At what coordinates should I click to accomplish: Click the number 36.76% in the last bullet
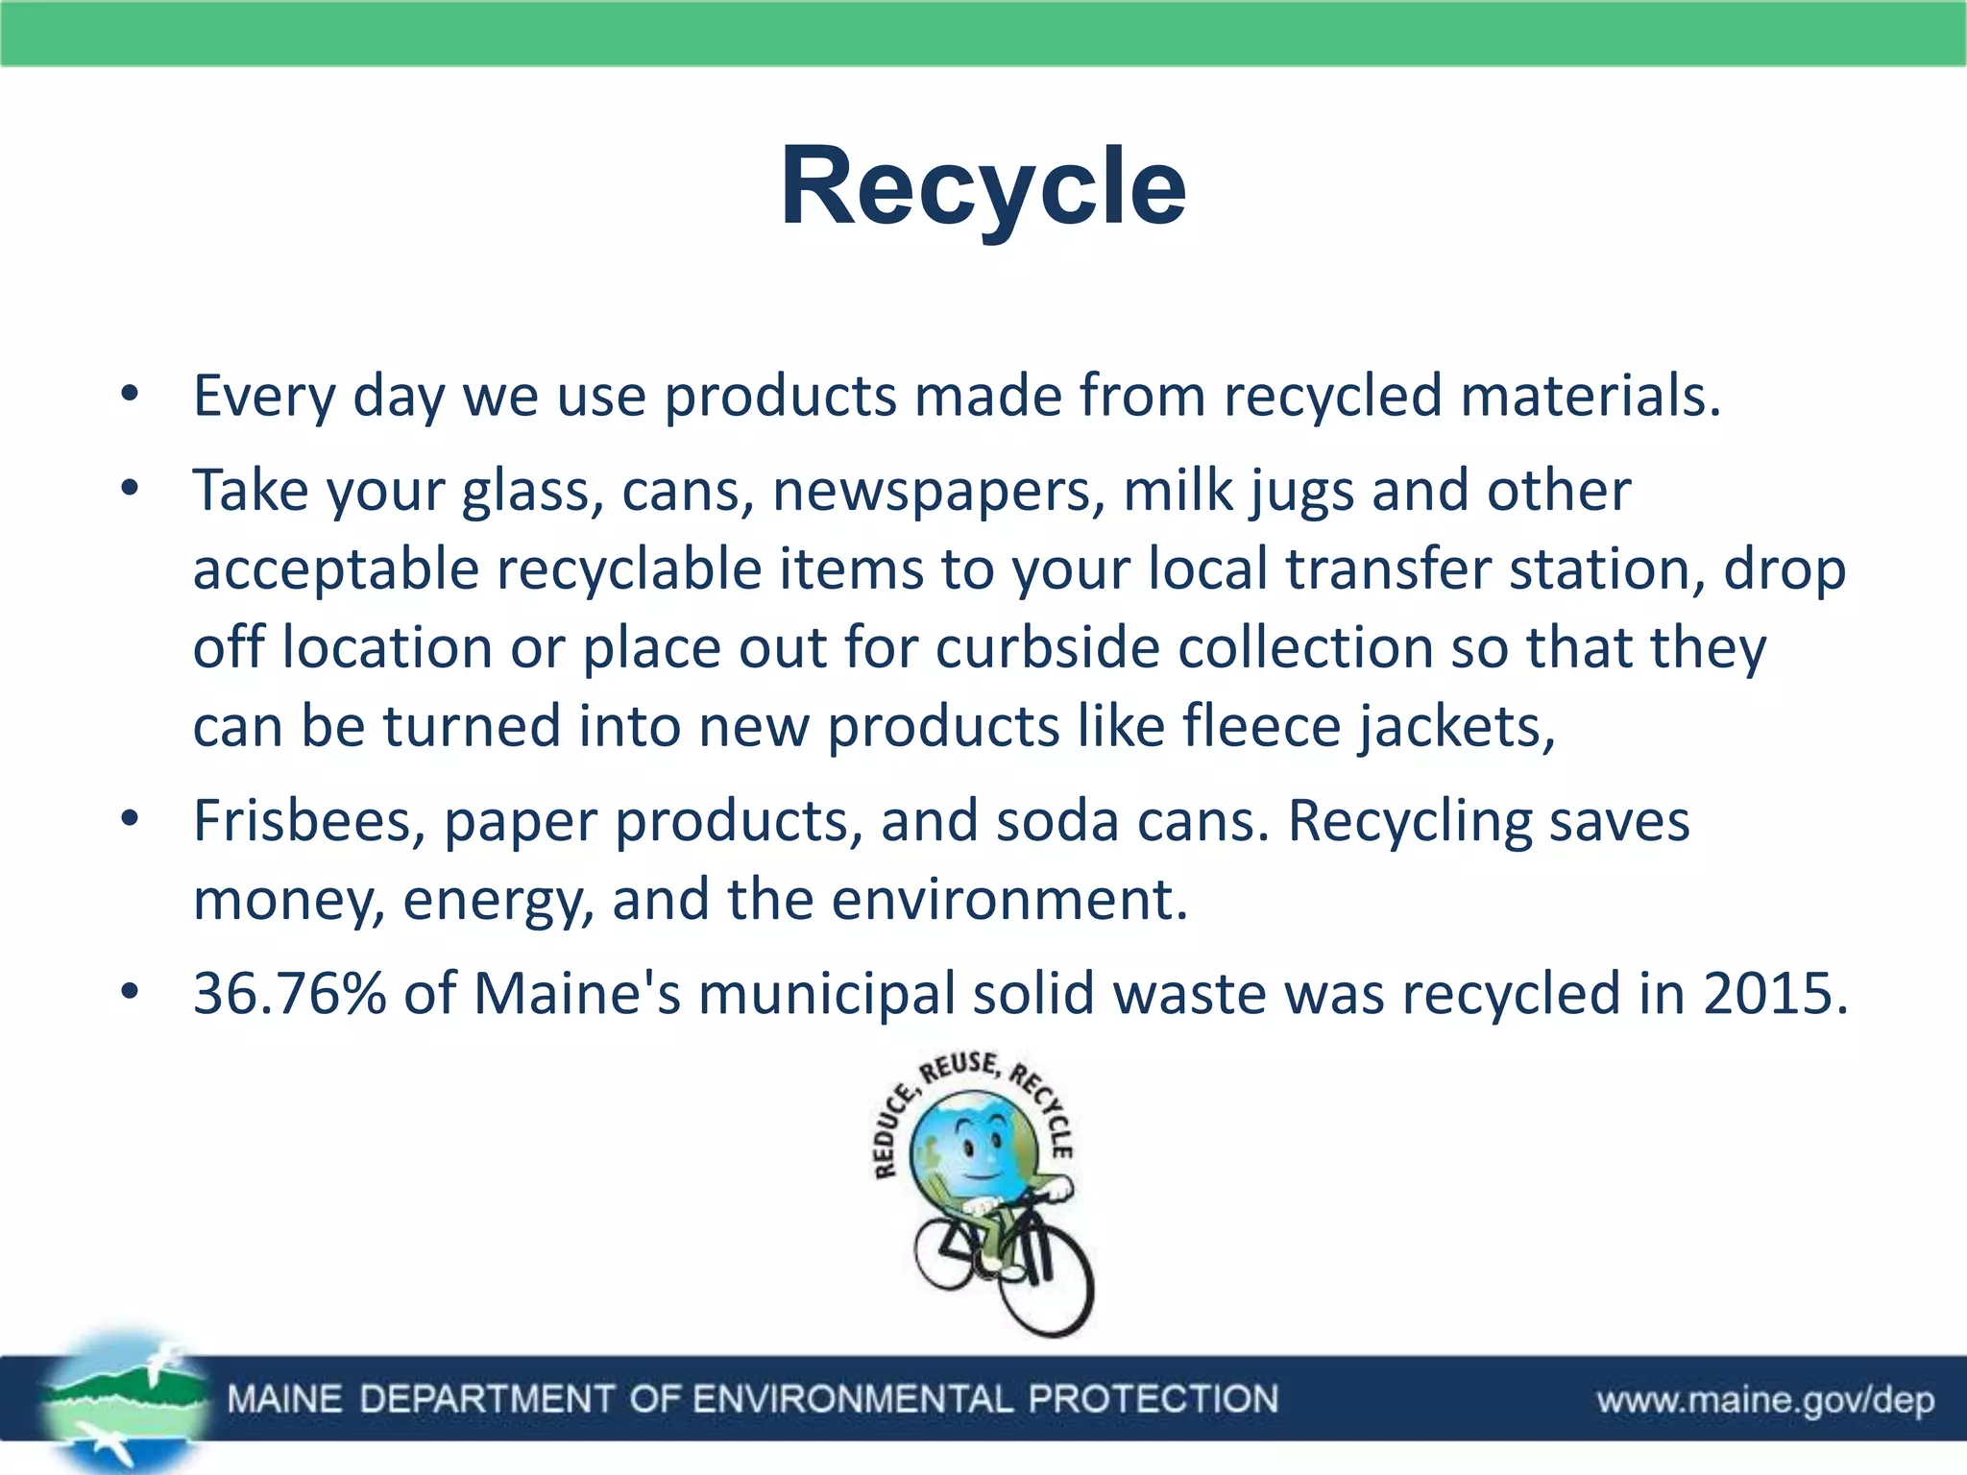click(289, 994)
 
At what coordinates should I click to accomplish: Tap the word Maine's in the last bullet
click(577, 994)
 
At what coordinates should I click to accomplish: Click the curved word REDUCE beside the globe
click(891, 1134)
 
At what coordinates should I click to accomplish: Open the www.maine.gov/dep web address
click(1765, 1400)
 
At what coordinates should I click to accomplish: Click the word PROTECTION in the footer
click(1153, 1399)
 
